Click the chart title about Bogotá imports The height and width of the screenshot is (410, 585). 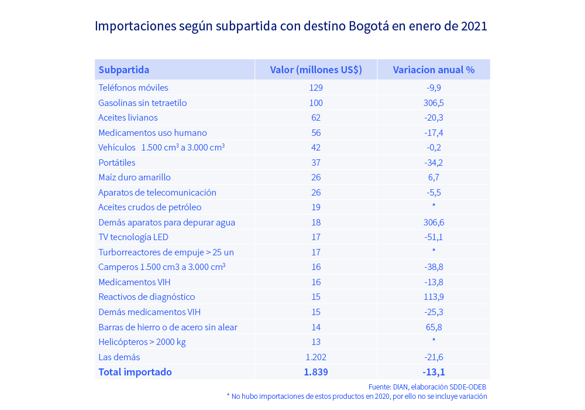coord(291,26)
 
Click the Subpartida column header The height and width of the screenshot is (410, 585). coord(123,70)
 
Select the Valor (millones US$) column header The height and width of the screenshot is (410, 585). coord(316,70)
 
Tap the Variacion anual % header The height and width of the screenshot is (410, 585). coord(433,70)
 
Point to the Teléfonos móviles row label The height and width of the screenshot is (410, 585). coord(133,88)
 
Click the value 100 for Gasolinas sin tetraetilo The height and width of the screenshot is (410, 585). coord(316,103)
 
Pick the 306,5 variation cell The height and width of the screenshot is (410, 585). coord(433,103)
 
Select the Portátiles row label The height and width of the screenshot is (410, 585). coord(117,163)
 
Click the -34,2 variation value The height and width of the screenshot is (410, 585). coord(433,163)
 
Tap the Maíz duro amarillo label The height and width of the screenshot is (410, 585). coord(135,177)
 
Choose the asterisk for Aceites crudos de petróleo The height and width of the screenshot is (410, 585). coord(433,206)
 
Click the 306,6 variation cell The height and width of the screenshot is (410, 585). coord(433,223)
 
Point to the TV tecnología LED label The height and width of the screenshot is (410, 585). coord(133,237)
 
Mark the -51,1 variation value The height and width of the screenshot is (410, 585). coord(433,237)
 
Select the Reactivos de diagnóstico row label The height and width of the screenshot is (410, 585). coord(147,297)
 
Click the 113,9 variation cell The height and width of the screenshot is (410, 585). coord(433,297)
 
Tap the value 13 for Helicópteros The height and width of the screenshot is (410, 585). coord(316,342)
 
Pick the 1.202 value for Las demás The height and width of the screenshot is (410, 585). coord(316,357)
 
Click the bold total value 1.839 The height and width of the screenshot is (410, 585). coord(316,372)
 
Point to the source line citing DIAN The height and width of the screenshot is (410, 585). coord(427,387)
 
